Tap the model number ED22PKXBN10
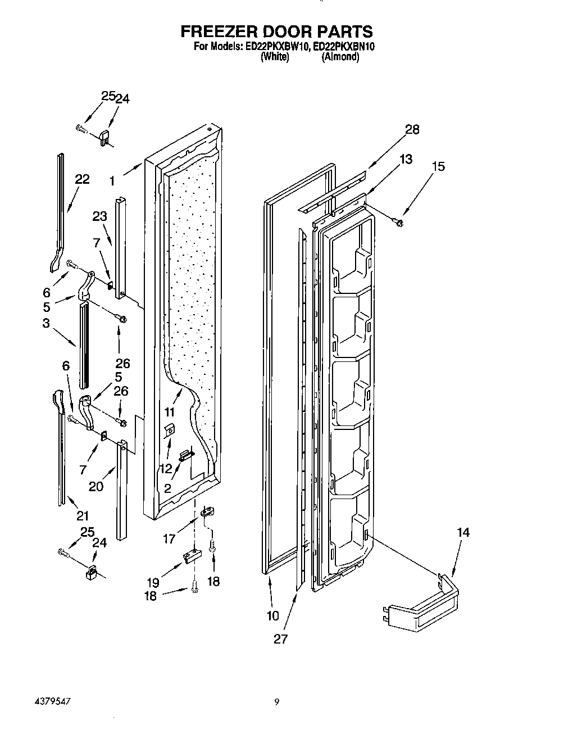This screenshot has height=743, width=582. (x=343, y=47)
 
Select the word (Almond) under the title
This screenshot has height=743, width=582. (x=340, y=57)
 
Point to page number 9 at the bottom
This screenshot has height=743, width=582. (x=276, y=701)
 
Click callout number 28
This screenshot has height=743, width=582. (x=412, y=130)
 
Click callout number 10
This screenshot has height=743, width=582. (x=272, y=615)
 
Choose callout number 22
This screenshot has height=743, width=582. (x=82, y=179)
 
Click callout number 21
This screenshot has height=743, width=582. (x=83, y=515)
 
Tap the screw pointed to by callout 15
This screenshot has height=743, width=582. (x=399, y=223)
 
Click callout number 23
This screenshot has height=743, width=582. (x=99, y=216)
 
